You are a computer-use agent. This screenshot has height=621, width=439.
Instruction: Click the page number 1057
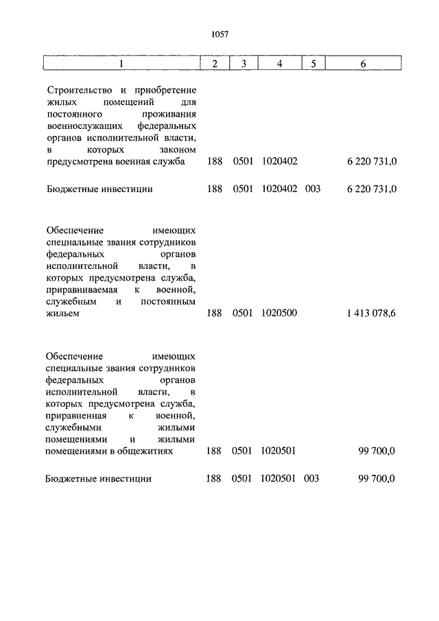[x=219, y=33]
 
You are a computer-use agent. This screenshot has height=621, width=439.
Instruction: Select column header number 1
[x=121, y=64]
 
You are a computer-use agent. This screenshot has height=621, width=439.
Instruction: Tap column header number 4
[x=279, y=64]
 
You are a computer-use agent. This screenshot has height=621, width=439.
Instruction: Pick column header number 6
[x=363, y=64]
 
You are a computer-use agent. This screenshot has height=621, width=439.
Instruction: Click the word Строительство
[x=77, y=91]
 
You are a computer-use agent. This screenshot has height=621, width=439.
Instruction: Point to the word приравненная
[x=76, y=416]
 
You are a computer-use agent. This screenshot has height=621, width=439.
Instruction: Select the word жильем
[x=64, y=314]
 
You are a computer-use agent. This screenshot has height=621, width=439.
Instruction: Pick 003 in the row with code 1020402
[x=313, y=188]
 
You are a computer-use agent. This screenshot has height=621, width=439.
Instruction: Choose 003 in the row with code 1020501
[x=313, y=479]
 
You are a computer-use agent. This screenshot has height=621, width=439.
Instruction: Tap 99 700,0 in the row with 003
[x=377, y=479]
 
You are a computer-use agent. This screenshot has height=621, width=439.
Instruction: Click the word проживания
[x=170, y=115]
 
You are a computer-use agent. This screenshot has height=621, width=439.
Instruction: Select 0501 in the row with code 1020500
[x=243, y=314]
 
